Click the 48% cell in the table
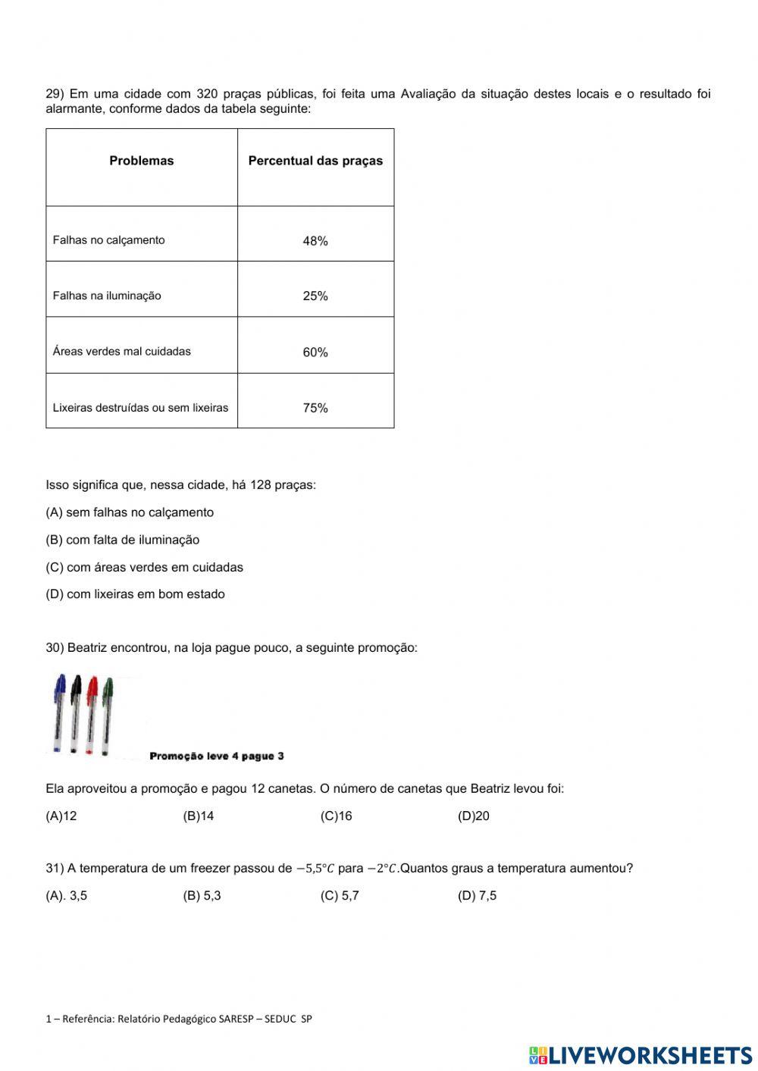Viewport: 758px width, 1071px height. coord(315,241)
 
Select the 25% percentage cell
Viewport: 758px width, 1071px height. coord(315,296)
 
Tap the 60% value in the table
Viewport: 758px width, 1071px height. coord(315,352)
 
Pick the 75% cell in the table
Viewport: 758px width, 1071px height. coord(315,408)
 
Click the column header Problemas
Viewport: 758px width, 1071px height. coord(142,161)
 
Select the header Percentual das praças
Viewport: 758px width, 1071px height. coord(315,161)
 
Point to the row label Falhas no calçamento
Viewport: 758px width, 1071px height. coord(108,240)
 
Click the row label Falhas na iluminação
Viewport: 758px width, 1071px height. coord(107,296)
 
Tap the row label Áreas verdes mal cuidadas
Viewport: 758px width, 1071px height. coord(121,352)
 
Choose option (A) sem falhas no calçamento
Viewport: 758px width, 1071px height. coord(130,512)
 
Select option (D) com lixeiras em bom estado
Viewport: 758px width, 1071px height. coord(135,594)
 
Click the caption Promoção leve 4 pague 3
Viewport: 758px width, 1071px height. coord(217,756)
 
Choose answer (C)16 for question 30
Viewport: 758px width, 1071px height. coord(336,816)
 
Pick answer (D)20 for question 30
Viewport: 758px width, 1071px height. coord(474,816)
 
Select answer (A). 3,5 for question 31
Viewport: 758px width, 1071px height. coord(67,896)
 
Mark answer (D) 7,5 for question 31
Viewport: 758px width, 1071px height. coord(477,896)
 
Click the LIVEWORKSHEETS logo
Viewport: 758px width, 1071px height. coord(641,1055)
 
